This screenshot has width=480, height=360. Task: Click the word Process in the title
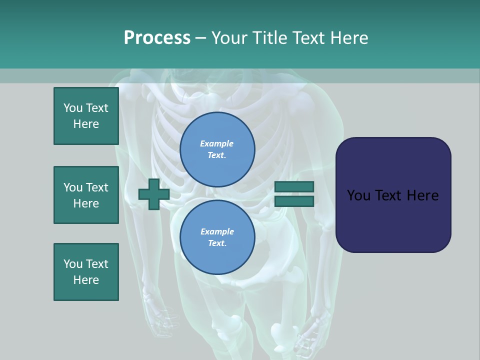[157, 38]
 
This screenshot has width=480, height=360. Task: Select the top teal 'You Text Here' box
[86, 116]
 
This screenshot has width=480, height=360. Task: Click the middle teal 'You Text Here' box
[86, 195]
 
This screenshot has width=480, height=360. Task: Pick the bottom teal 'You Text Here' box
[86, 272]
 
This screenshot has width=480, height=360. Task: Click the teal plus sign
[154, 194]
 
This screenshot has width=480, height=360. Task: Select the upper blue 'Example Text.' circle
[217, 149]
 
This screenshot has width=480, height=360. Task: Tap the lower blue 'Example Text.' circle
[217, 237]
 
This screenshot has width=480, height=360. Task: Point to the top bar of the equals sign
[294, 187]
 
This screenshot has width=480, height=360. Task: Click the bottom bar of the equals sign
[294, 201]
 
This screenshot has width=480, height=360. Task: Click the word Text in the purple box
[392, 195]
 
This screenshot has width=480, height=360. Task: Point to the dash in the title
[200, 38]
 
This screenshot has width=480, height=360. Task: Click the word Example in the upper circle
[217, 143]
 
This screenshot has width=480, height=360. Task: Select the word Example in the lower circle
[217, 231]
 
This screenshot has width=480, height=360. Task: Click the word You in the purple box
[358, 195]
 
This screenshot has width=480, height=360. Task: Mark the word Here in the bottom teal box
[86, 280]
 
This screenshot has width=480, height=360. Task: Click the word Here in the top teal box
[86, 124]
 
